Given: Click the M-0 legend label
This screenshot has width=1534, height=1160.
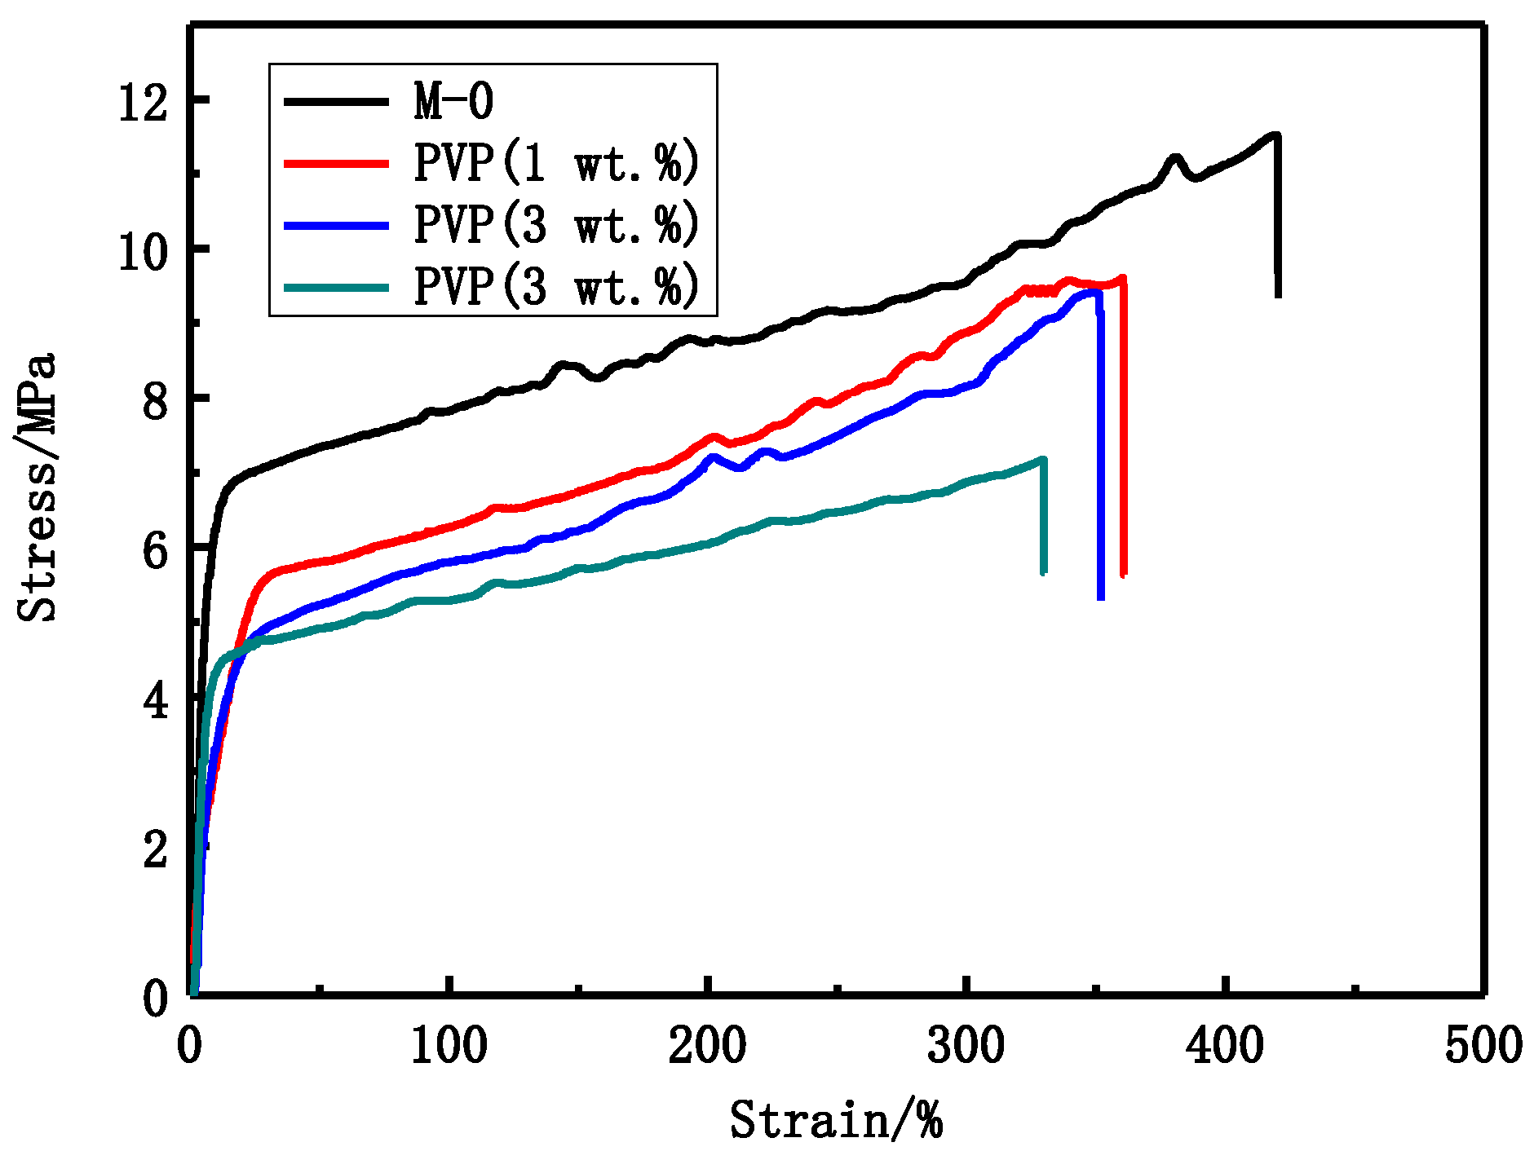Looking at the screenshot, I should coord(453,101).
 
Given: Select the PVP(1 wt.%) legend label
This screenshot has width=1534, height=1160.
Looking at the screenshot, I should coord(556,162).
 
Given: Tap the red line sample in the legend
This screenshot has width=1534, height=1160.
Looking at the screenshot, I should coord(336,163).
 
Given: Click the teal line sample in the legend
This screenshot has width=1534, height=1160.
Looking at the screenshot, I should coord(336,286).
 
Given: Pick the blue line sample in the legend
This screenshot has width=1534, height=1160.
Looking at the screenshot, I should coord(336,225).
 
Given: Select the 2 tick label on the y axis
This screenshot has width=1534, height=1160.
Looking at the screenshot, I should coord(155,850).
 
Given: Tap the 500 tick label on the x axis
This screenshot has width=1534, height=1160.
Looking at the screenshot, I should coord(1483,1046).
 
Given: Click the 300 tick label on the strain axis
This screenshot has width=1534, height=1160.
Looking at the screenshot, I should coord(966,1046).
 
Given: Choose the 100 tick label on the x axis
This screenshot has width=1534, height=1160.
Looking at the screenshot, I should coord(449,1046).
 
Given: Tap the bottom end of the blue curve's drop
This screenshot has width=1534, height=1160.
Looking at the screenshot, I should coord(1101,597).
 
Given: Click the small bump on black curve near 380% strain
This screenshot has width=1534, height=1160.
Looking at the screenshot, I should coord(1175,157).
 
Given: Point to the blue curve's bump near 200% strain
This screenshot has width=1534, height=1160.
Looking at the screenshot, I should coord(713,457).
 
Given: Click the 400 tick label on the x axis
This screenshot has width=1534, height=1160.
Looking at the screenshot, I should coord(1225,1046).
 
